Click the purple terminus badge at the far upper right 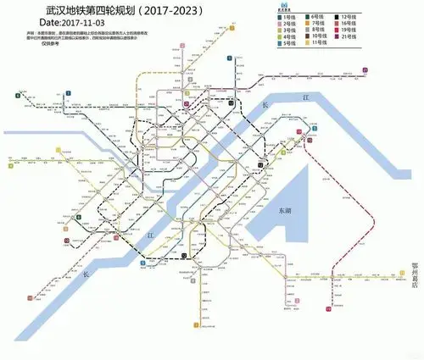click(364, 70)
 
